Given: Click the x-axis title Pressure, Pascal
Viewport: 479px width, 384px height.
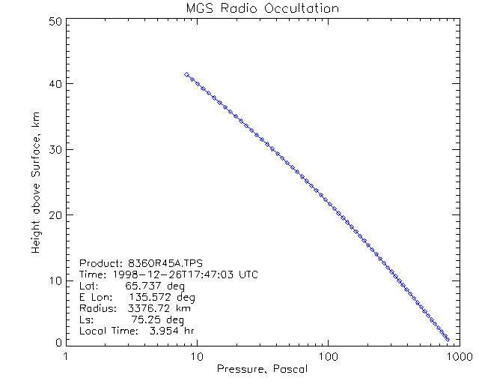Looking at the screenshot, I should coord(262,368).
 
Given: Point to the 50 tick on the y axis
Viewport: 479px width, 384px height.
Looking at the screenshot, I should coord(55,22).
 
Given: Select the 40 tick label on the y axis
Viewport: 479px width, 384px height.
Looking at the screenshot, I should coord(55,85).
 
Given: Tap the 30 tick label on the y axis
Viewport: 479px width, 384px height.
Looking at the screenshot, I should coord(55,150).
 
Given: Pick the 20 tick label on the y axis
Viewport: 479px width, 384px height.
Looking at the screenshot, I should coord(55,215).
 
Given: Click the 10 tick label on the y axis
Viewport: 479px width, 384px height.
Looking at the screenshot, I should coord(55,280).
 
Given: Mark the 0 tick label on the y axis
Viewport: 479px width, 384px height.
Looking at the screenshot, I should coord(58,341).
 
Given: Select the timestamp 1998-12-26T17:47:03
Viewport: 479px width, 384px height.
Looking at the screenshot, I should coord(171,274).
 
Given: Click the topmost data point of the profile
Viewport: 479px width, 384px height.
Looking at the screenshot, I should coord(186,74).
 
